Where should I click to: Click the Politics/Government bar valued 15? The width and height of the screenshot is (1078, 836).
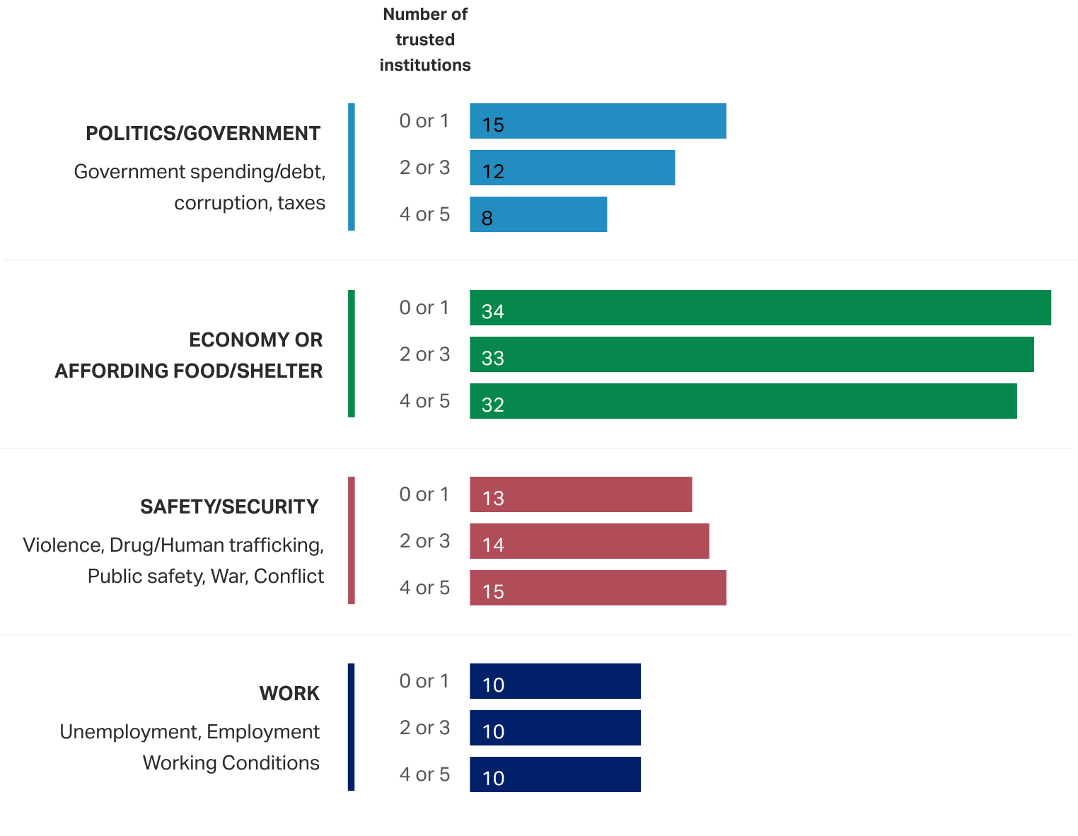point(598,121)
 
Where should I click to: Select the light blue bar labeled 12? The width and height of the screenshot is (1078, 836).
point(572,168)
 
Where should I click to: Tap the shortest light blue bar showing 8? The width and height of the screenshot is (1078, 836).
point(538,214)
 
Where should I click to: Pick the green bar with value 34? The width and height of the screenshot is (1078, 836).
point(760,308)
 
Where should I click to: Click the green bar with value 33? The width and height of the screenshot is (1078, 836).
point(751,354)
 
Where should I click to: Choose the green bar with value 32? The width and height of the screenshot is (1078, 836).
point(743,401)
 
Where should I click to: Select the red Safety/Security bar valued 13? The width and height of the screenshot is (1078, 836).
point(581,494)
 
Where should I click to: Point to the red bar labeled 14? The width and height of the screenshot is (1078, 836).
point(589,541)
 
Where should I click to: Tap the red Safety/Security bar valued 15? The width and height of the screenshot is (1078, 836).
point(598,588)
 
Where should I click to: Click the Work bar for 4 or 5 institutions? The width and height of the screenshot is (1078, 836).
point(555,774)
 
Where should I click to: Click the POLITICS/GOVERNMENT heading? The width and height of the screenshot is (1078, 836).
point(203,134)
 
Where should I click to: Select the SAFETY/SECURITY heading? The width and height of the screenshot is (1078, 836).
point(229,507)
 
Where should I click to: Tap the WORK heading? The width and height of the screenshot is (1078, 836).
point(289,694)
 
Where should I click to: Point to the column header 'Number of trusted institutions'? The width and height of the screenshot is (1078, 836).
point(425,40)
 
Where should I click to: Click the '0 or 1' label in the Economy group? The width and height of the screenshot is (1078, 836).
point(424,308)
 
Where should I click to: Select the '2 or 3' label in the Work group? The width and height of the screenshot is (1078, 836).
point(424,728)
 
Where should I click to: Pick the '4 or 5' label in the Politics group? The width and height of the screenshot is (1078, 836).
point(424,214)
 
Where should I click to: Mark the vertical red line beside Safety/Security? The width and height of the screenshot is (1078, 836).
point(352,540)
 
